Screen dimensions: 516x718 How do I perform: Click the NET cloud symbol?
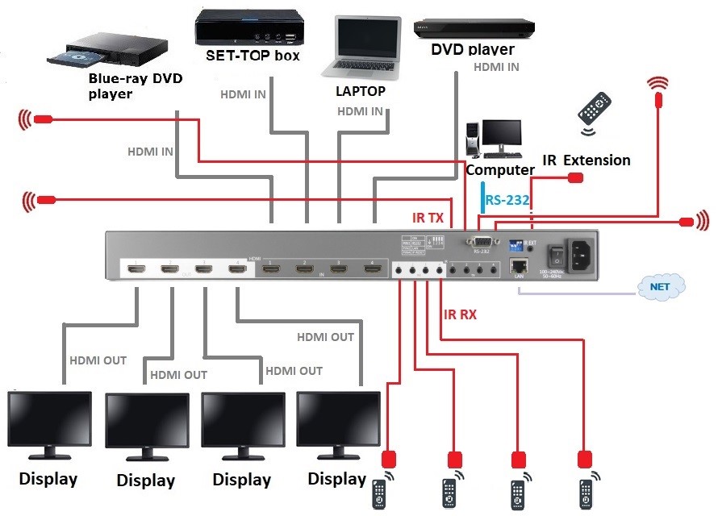point(660,285)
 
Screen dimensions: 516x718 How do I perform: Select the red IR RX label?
point(459,314)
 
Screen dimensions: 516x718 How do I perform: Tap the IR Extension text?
point(586,160)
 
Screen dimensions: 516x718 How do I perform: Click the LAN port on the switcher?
point(520,266)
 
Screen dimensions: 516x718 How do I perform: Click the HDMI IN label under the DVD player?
point(495,68)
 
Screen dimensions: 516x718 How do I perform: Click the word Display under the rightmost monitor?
point(336,479)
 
